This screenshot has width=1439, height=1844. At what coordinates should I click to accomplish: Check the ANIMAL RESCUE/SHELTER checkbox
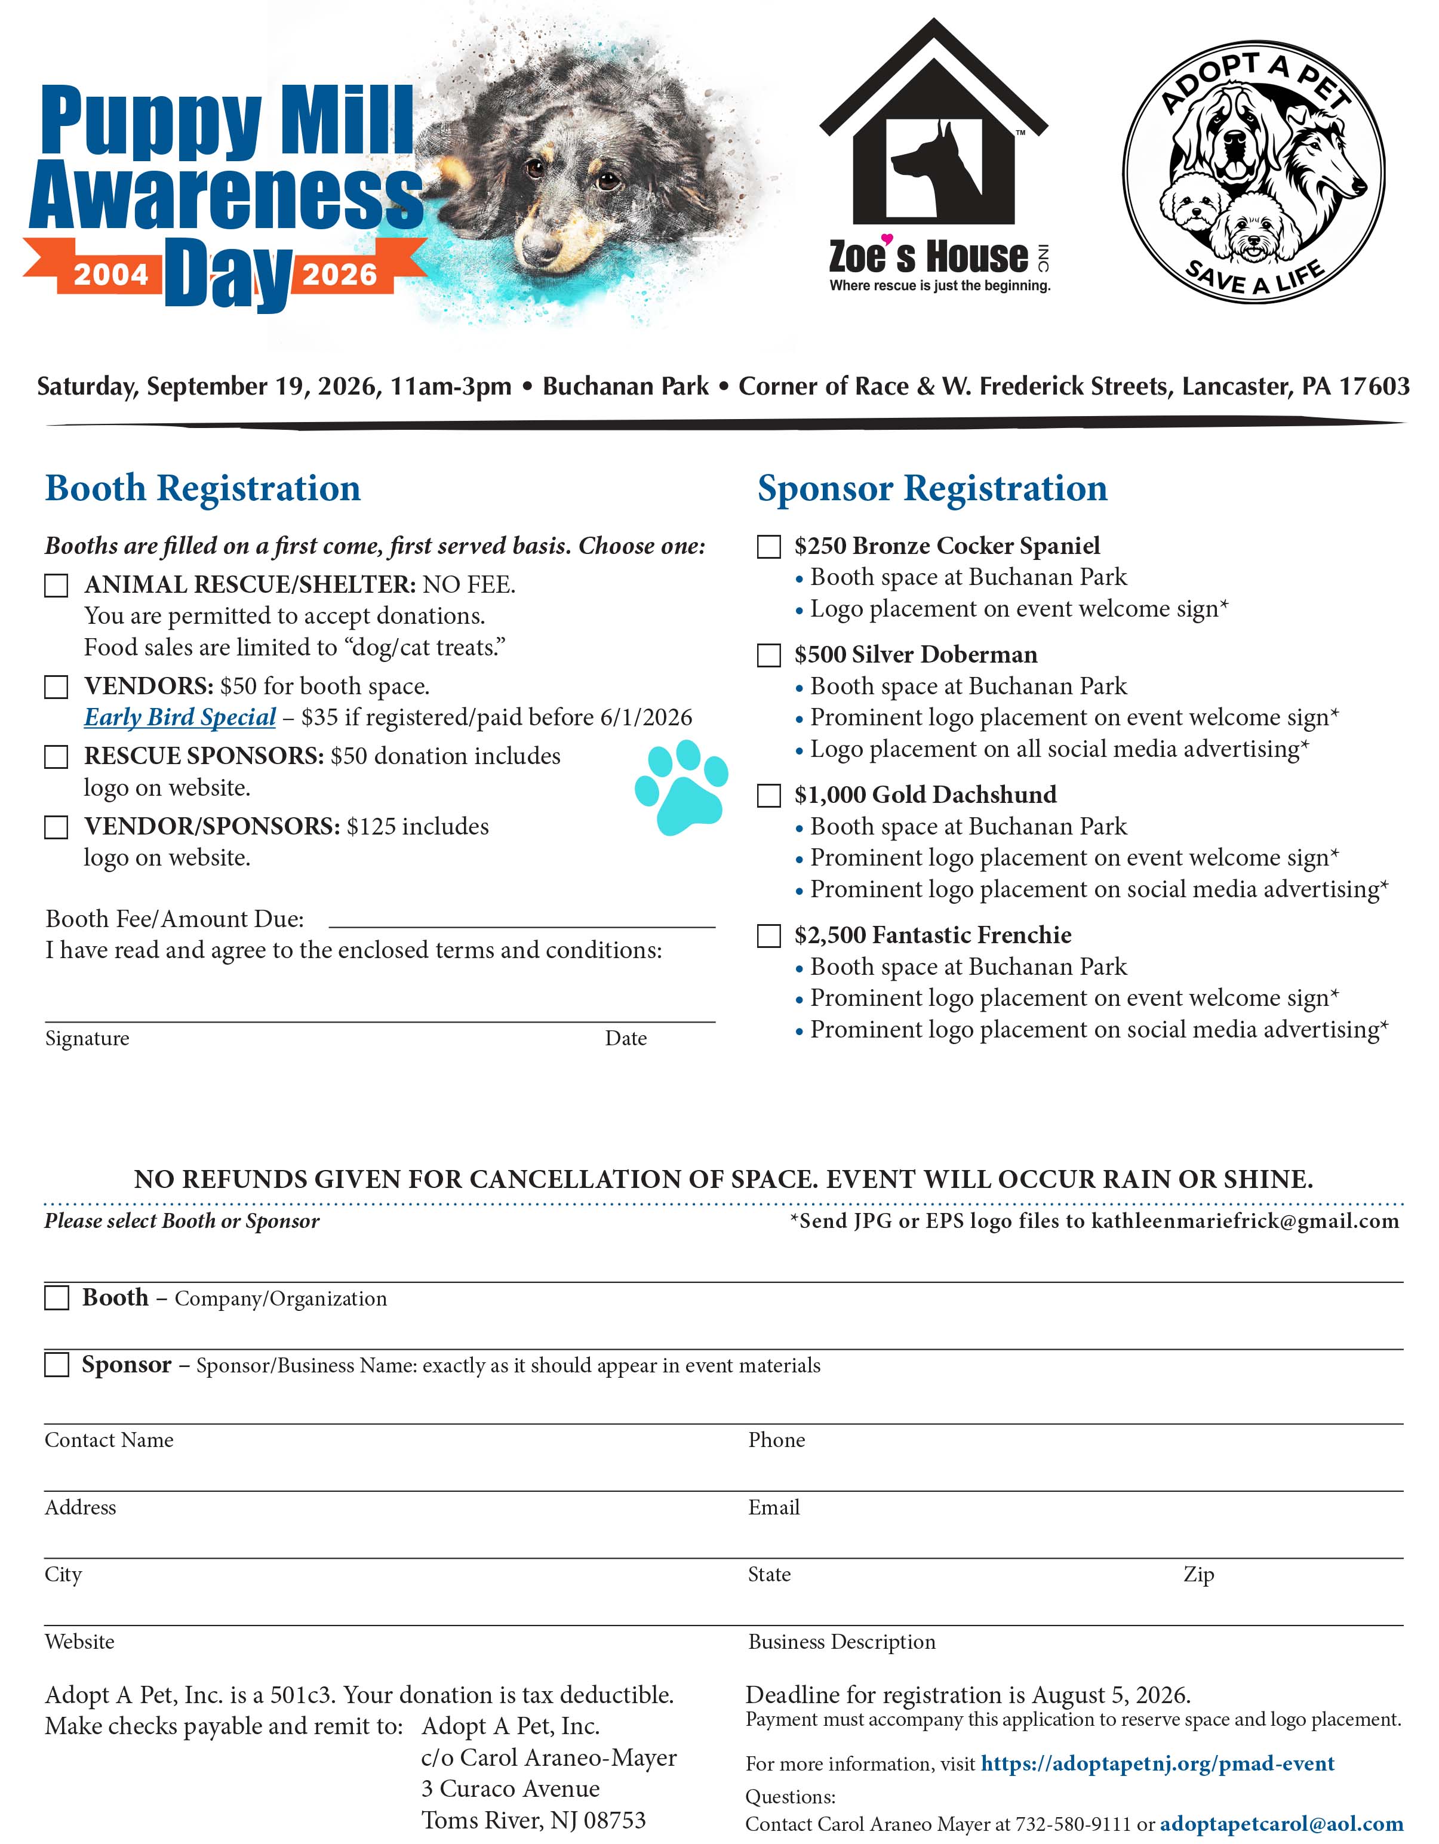point(57,586)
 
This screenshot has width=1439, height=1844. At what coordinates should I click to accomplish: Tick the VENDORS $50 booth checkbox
point(57,687)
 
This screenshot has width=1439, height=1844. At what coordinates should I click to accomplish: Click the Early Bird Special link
point(180,718)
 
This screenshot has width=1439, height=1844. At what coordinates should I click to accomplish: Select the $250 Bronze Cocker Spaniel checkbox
point(768,547)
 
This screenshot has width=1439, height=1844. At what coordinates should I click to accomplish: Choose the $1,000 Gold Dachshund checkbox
point(768,796)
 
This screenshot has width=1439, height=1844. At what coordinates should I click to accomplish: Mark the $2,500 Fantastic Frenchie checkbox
point(768,937)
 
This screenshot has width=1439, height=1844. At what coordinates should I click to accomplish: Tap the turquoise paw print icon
point(681,787)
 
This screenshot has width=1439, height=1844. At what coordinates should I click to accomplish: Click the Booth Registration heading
point(202,489)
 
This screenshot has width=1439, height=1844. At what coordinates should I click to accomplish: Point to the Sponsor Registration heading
point(932,489)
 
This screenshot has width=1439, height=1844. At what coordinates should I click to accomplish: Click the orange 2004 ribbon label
point(110,275)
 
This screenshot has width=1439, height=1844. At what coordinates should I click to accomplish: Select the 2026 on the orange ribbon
point(340,275)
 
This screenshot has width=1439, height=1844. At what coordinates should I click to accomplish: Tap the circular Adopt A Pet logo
point(1253,173)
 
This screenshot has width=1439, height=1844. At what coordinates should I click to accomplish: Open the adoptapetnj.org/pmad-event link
point(1158,1764)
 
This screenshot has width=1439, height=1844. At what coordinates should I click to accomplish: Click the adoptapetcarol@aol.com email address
point(1281,1824)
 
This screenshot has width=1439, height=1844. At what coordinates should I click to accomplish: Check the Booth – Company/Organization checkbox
point(57,1298)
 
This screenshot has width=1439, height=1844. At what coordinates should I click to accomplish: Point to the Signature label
point(87,1039)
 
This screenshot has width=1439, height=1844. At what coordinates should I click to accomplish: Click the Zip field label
point(1198,1575)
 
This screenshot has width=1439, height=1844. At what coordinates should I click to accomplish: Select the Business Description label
point(842,1642)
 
